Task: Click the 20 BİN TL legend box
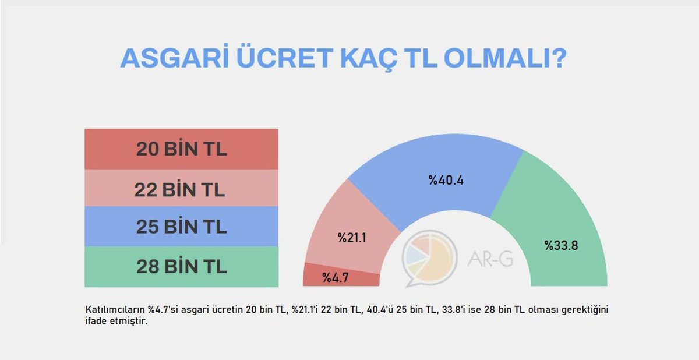[x=181, y=149]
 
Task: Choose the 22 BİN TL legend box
[x=181, y=188]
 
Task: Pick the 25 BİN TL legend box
[x=181, y=227]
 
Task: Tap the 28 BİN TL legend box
[x=181, y=267]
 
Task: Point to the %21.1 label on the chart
[x=352, y=238]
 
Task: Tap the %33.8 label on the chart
[x=561, y=245]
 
